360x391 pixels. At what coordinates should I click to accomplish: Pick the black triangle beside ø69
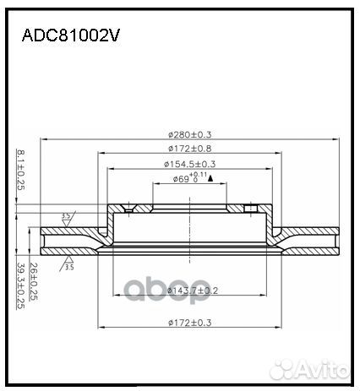tap(209, 178)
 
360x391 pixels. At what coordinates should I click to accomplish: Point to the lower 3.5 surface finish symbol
tap(66, 267)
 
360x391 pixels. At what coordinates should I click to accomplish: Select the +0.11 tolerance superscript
tap(195, 175)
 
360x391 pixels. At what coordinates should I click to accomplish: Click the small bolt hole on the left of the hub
tap(128, 209)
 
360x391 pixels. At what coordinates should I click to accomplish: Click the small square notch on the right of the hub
tap(250, 208)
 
